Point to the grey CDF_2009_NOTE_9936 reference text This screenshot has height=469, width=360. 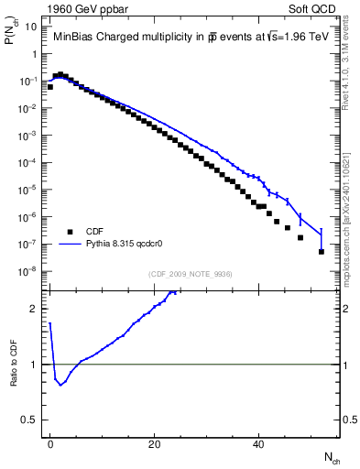191,273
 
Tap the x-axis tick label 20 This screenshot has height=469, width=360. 155,442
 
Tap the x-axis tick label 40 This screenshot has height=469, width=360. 259,442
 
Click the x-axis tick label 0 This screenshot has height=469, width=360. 50,442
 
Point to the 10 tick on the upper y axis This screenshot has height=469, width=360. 30,27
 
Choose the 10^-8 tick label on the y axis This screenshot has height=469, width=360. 27,271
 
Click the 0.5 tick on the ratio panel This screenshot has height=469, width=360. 30,420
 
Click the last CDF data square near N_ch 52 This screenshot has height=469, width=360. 322,251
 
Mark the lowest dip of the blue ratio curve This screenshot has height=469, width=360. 60,385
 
